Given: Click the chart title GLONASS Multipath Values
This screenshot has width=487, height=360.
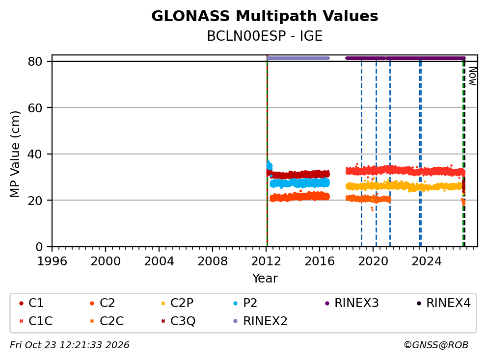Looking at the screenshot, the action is click(x=265, y=16).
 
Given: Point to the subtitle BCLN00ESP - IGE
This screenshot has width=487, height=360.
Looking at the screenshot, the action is click(x=265, y=36).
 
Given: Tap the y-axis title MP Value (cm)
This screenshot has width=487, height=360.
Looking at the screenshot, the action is click(x=15, y=154).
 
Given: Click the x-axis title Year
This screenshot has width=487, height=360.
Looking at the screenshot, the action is click(x=265, y=278).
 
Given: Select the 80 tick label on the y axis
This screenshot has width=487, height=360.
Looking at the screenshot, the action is click(x=35, y=61).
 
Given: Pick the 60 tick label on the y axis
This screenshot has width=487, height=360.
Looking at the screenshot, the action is click(x=35, y=108).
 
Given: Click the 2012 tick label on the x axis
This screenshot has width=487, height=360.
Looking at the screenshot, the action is click(x=266, y=261).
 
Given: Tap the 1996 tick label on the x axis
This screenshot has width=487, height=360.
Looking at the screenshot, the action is click(x=52, y=261).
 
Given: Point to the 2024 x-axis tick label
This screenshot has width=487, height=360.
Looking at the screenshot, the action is click(x=427, y=261).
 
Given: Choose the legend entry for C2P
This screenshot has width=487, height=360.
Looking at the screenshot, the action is click(x=177, y=303).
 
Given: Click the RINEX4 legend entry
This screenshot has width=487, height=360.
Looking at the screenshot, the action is click(x=443, y=303).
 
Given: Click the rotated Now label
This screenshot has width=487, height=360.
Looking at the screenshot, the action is click(x=473, y=76).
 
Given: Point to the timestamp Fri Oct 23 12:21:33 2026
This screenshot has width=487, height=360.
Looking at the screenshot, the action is click(x=70, y=345).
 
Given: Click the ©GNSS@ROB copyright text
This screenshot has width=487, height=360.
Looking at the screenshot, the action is click(x=436, y=345).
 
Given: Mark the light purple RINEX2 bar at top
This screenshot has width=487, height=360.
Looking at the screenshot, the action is click(x=298, y=58).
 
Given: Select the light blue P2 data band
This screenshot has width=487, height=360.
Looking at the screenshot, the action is click(x=299, y=183).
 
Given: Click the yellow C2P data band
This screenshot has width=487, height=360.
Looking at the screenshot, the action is click(x=404, y=186).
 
